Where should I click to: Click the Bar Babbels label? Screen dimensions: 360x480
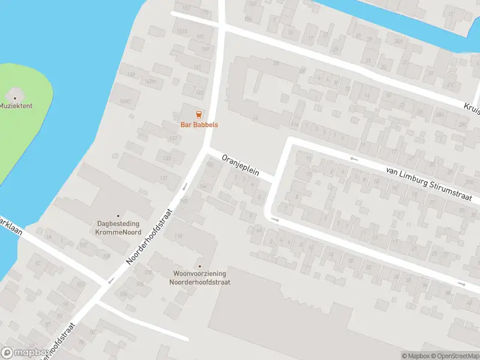199,125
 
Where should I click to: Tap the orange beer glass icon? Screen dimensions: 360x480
199,114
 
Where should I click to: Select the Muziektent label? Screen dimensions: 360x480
16,106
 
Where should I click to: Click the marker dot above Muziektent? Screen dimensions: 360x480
16,96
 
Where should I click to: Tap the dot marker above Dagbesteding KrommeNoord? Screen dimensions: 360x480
118,215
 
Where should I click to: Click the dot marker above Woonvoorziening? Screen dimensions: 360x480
200,266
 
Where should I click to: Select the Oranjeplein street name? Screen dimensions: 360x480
240,165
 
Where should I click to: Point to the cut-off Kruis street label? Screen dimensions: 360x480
471,106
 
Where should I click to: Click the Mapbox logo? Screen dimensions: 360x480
25,352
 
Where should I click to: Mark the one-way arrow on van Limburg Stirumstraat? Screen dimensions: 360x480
354,159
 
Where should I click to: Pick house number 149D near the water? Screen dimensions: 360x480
125,102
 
